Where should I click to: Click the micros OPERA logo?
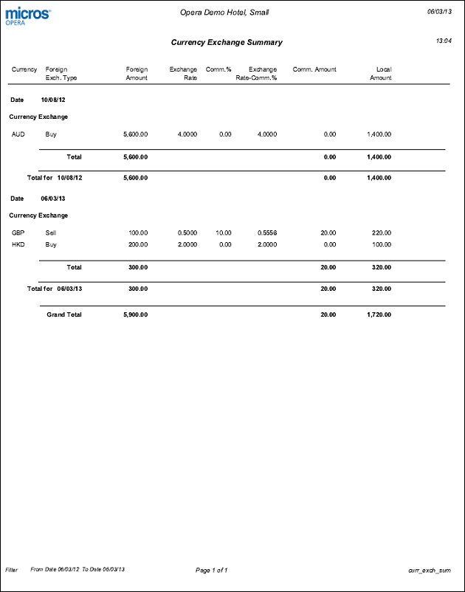pyautogui.click(x=28, y=16)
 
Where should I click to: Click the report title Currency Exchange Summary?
pyautogui.click(x=227, y=43)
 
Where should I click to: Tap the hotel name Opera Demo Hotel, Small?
pyautogui.click(x=230, y=13)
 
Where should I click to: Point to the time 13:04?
pyautogui.click(x=444, y=41)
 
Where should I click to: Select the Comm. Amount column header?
pyautogui.click(x=314, y=69)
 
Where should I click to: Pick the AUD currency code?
pyautogui.click(x=18, y=134)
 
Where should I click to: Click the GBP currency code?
pyautogui.click(x=18, y=233)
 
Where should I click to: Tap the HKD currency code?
pyautogui.click(x=18, y=244)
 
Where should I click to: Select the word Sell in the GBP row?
pyautogui.click(x=51, y=233)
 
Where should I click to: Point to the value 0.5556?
pyautogui.click(x=267, y=233)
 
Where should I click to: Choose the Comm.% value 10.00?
pyautogui.click(x=223, y=233)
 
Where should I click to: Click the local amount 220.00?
pyautogui.click(x=380, y=233)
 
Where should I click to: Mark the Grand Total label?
pyautogui.click(x=64, y=314)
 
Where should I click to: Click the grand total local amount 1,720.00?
pyautogui.click(x=378, y=314)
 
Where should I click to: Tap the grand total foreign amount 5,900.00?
pyautogui.click(x=134, y=314)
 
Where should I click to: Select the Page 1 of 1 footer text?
pyautogui.click(x=211, y=570)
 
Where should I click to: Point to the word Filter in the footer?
pyautogui.click(x=12, y=570)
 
